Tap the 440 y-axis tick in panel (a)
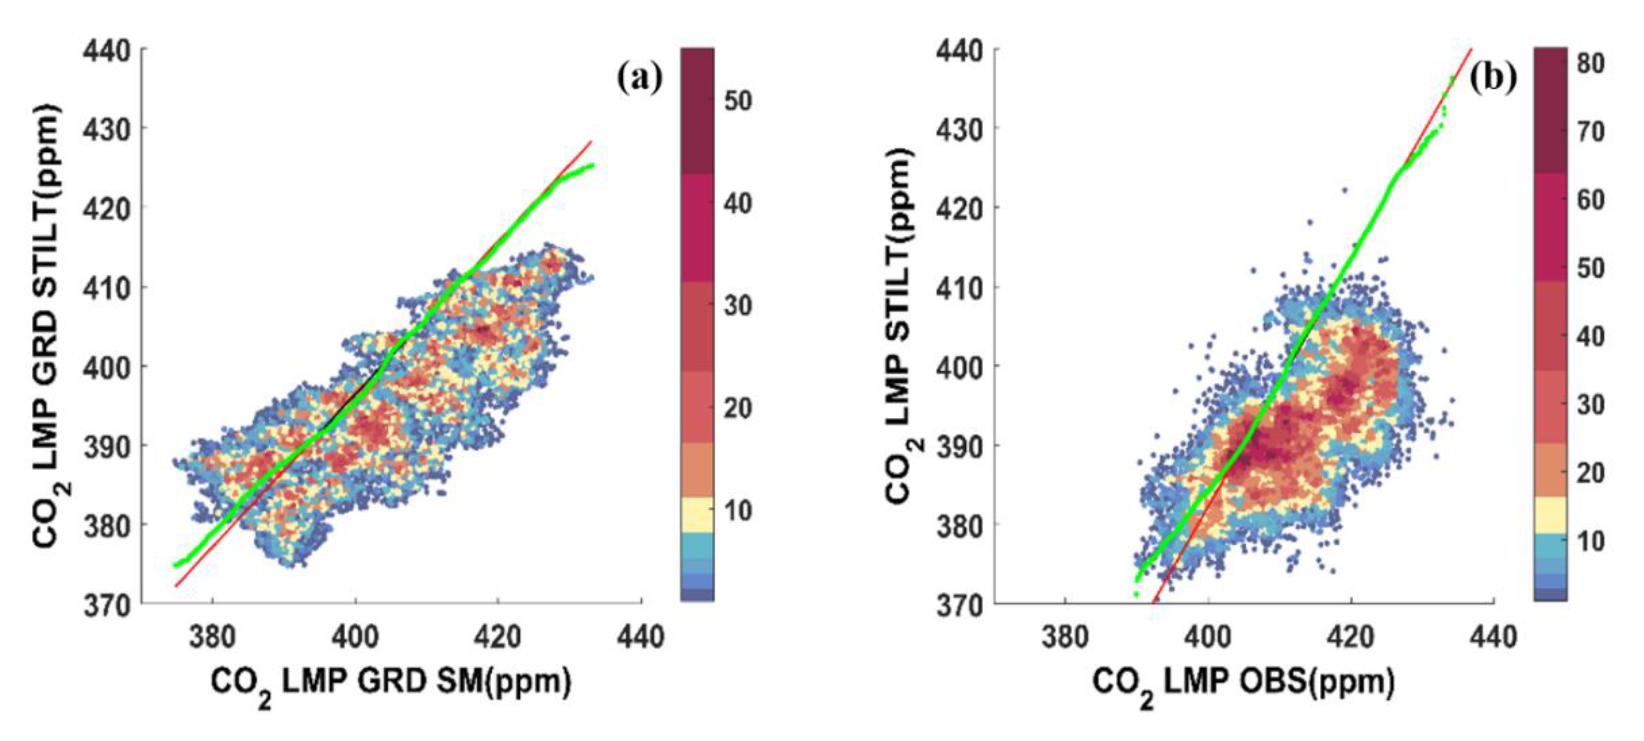(107, 50)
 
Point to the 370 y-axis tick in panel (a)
(107, 604)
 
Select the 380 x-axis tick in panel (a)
(212, 637)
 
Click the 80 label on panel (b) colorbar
(1591, 64)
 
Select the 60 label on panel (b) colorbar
(1591, 200)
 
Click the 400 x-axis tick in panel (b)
(1209, 637)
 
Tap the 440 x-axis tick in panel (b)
(1494, 637)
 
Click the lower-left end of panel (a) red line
(176, 585)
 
